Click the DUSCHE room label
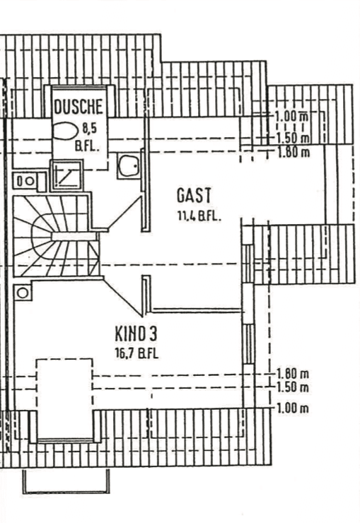(79, 107)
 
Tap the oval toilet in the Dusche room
(65, 131)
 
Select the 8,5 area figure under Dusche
(89, 128)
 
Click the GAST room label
(194, 196)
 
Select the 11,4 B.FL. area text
(199, 216)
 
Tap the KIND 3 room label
(136, 334)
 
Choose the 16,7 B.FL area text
(137, 353)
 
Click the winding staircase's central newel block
(75, 236)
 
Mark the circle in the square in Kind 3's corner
(23, 293)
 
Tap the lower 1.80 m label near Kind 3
(292, 373)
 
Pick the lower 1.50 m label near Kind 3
(292, 387)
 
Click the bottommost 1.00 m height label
(292, 409)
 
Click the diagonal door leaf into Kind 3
(123, 298)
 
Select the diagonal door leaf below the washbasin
(124, 213)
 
